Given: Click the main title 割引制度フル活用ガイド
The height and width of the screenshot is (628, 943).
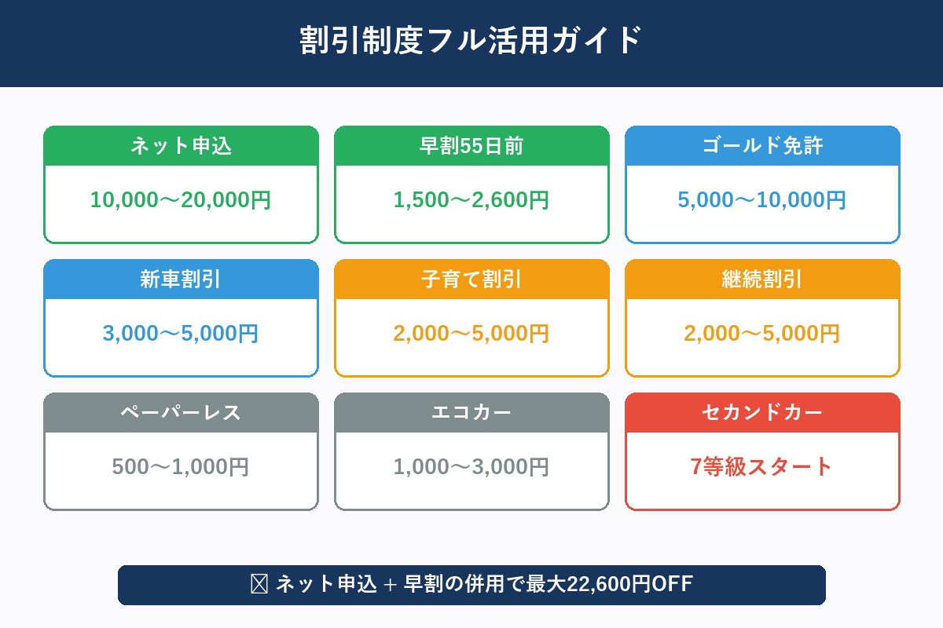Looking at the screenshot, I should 472,41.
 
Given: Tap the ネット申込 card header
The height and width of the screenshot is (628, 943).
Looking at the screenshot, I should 181,146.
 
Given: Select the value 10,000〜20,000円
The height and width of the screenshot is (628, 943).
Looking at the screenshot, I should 181,200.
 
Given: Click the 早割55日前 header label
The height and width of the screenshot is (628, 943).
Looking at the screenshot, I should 472,146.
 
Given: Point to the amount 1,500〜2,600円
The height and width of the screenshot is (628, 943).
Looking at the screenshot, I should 472,200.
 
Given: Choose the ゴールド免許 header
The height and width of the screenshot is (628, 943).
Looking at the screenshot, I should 762,146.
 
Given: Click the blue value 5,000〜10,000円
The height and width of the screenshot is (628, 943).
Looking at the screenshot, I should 762,200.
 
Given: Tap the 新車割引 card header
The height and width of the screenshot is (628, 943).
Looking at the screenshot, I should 181,279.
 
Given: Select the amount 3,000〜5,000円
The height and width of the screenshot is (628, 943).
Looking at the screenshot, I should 181,334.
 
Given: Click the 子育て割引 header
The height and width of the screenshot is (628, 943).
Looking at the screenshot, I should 472,279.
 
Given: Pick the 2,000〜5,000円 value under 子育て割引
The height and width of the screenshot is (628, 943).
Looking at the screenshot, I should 472,334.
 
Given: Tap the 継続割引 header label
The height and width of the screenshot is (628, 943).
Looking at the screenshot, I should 762,279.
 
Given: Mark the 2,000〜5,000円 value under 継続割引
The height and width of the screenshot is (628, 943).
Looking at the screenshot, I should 762,334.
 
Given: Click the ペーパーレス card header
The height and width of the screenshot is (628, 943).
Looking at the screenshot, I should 181,413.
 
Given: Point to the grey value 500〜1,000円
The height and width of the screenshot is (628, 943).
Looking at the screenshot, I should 181,467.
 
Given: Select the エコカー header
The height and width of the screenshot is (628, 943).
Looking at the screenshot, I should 472,413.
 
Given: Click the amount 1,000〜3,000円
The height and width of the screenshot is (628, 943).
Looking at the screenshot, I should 472,467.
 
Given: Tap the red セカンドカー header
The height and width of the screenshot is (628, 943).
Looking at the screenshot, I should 762,413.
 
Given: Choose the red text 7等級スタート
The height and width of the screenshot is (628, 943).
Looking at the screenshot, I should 762,467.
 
